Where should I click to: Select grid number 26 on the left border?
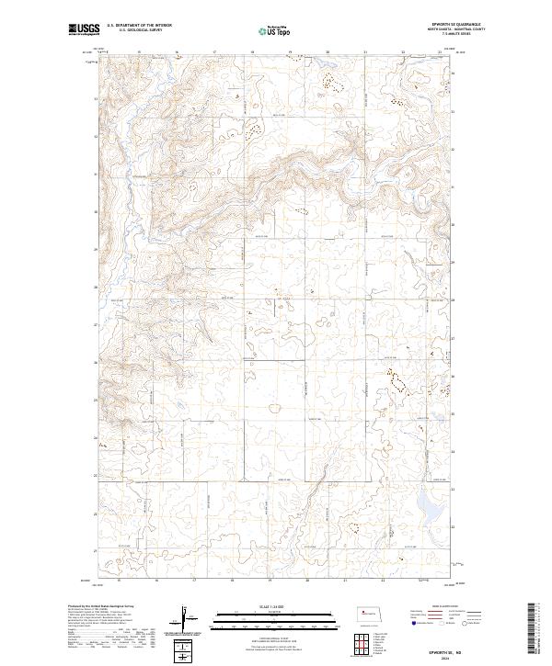coord(95,362)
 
